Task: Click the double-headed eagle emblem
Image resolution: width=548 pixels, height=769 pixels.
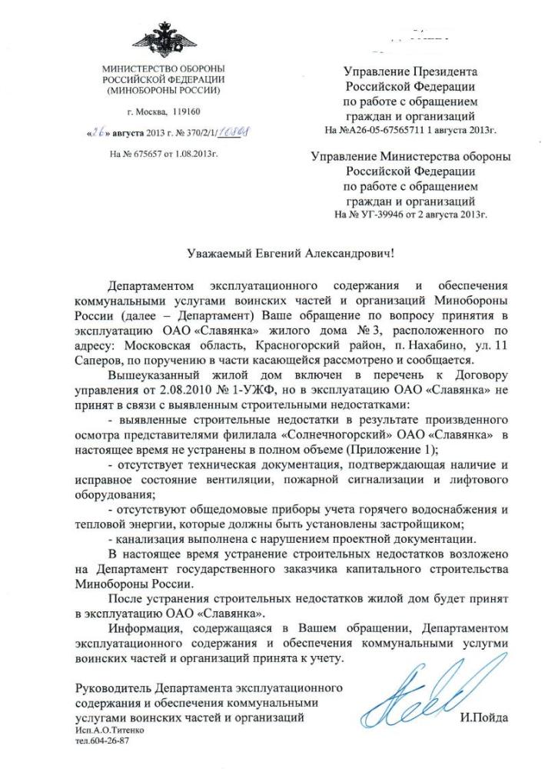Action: (163, 38)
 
